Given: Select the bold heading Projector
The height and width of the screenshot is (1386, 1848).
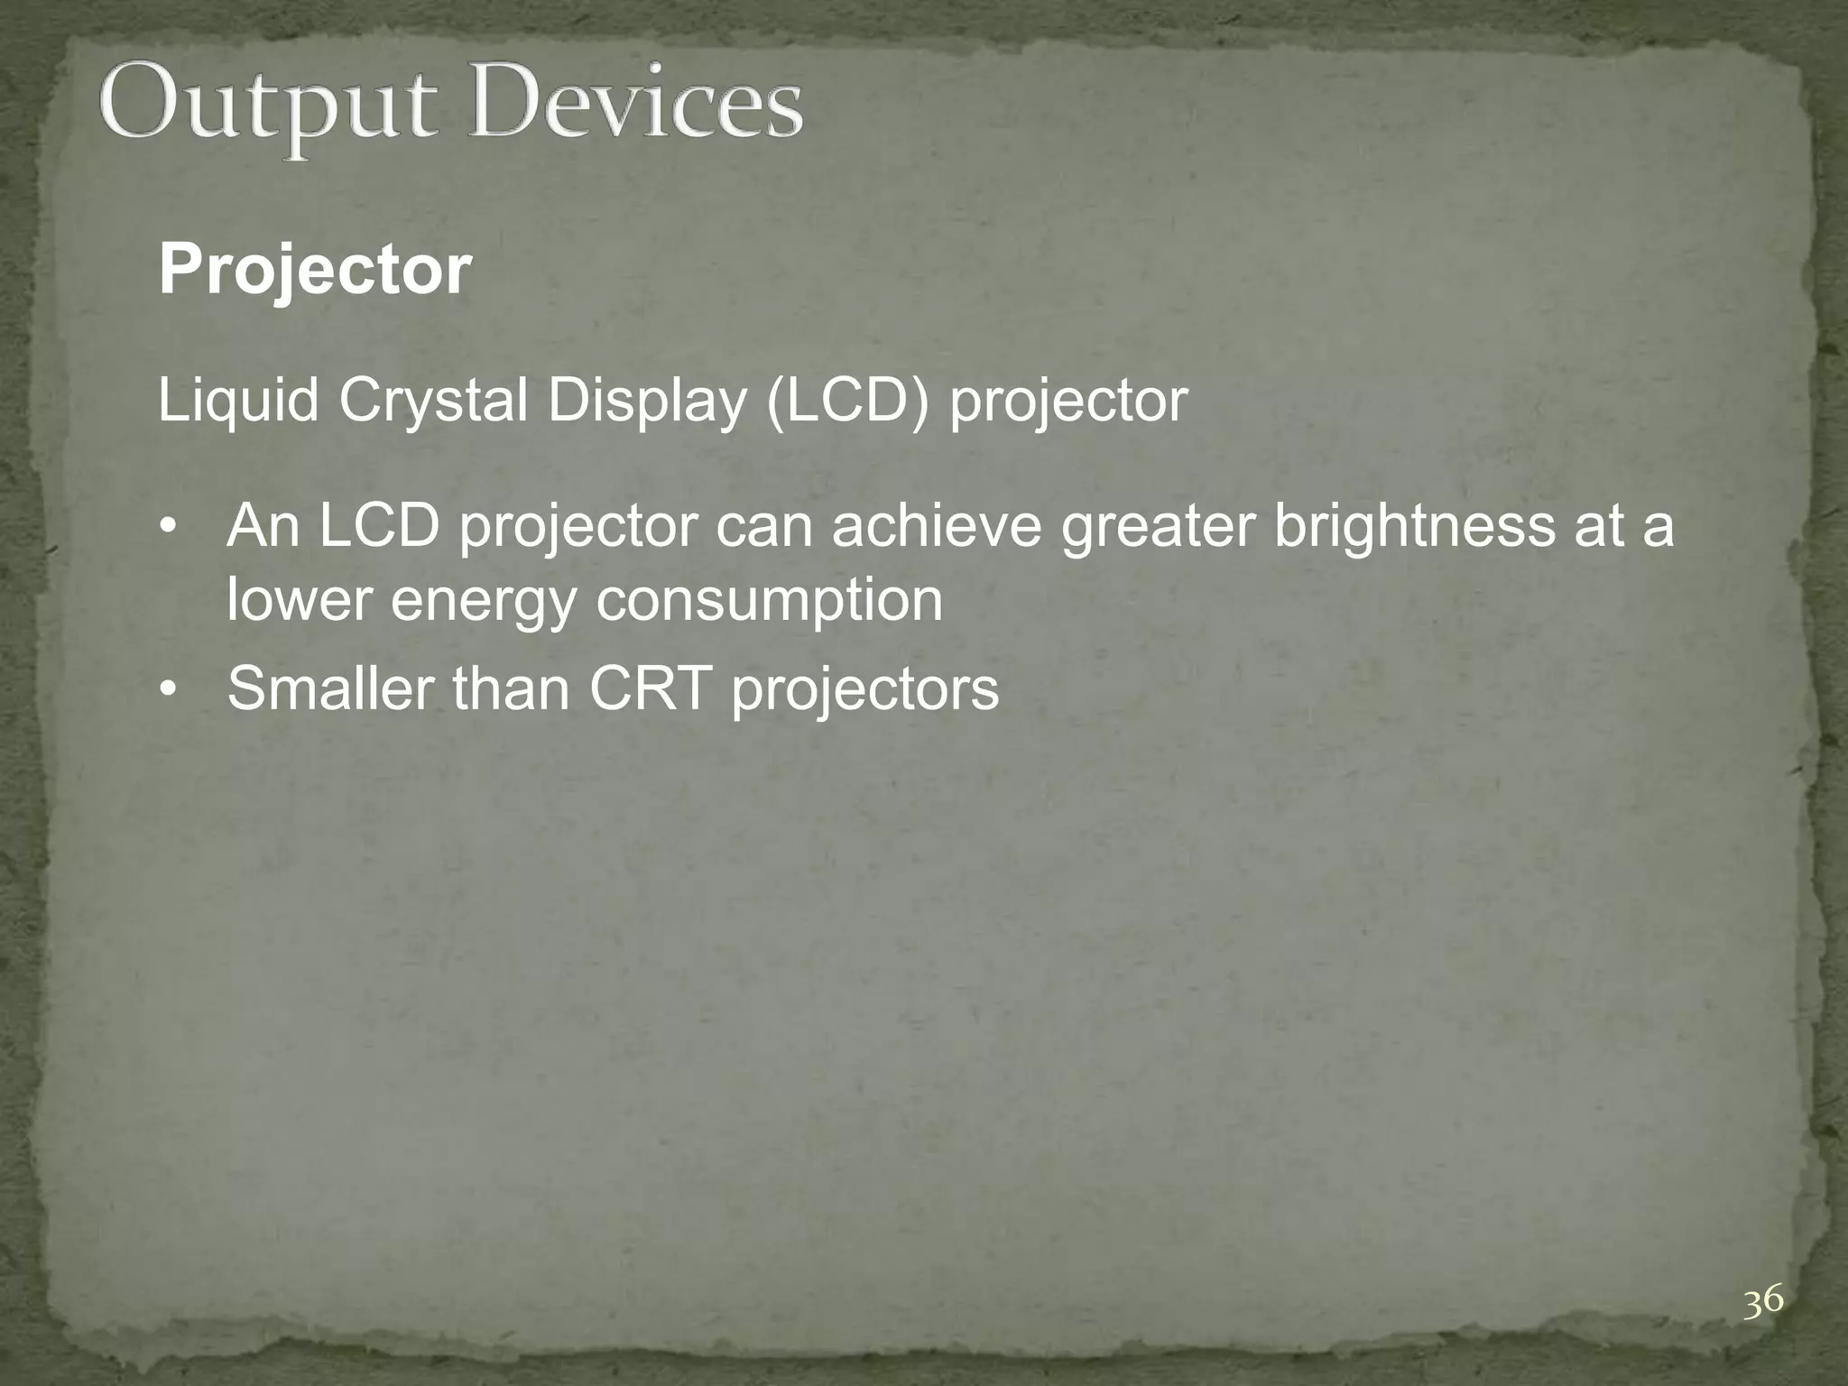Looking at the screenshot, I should [314, 270].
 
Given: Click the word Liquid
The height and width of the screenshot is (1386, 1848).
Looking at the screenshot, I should [238, 401].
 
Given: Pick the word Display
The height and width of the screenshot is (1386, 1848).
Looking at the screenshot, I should [644, 401].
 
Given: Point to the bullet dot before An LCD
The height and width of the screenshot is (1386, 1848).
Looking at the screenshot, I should [166, 528].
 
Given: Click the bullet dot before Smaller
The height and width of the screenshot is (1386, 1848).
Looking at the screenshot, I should [166, 690].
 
